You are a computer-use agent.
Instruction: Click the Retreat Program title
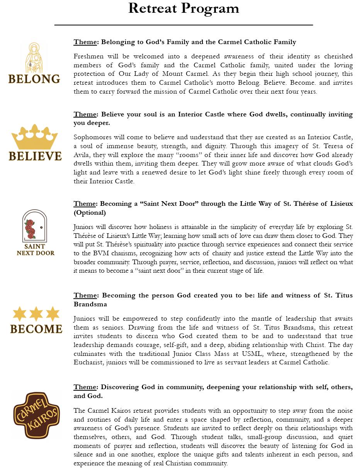click(183, 9)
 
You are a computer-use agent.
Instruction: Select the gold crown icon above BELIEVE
click(34, 137)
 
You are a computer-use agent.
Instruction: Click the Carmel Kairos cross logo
click(36, 415)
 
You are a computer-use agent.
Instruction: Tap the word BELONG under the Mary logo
click(34, 79)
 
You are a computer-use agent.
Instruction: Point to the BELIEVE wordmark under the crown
click(35, 156)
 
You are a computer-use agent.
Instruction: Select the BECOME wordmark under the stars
click(36, 329)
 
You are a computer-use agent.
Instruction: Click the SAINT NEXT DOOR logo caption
click(36, 250)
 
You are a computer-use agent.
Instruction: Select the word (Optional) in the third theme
click(90, 212)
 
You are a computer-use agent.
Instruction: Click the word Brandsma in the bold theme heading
click(90, 304)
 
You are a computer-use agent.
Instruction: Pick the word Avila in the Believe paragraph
click(82, 155)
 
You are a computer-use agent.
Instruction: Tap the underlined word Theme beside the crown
click(85, 115)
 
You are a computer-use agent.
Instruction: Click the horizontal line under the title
click(183, 25)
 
